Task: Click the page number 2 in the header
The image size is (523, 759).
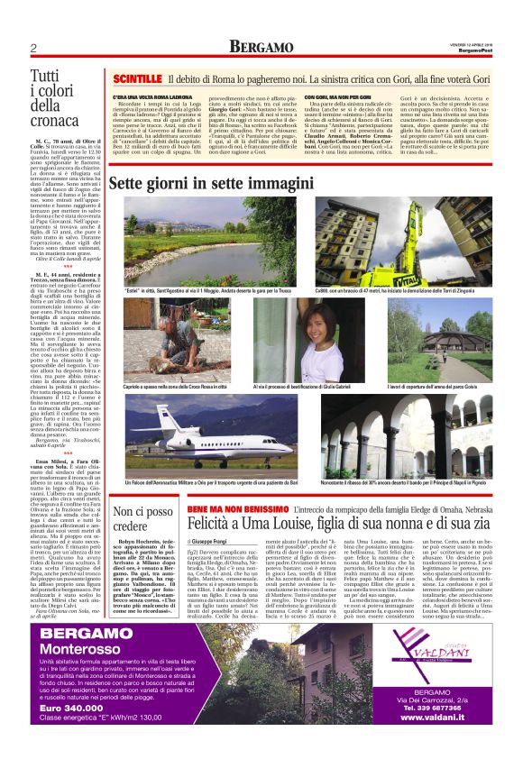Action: pyautogui.click(x=33, y=47)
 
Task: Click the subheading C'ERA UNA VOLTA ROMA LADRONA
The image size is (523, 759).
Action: pyautogui.click(x=151, y=96)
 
